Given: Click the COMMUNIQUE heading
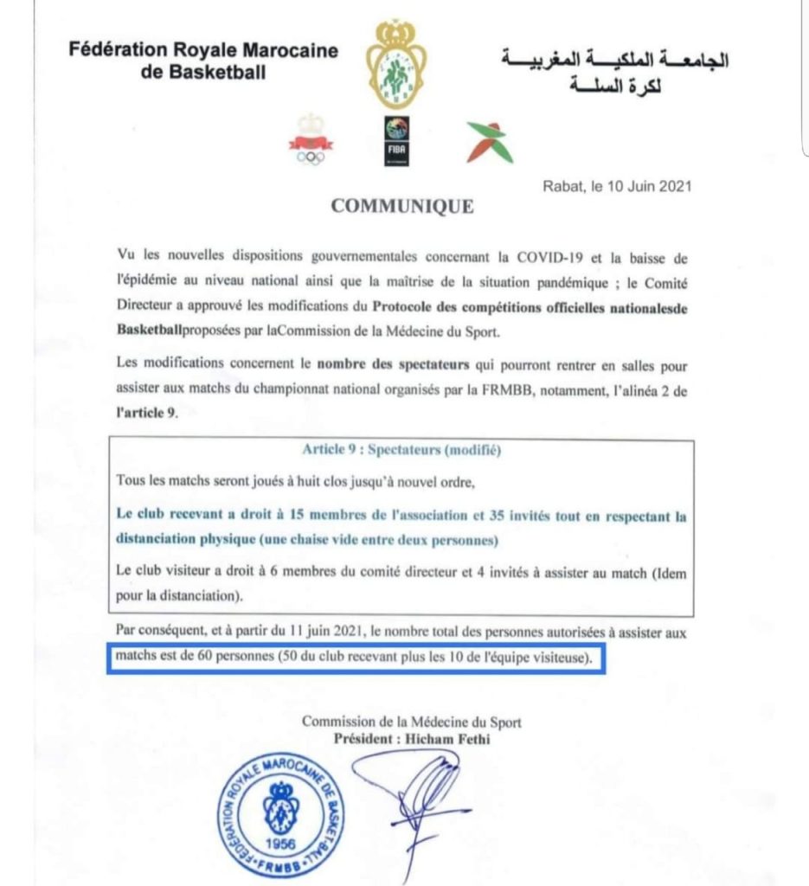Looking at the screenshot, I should (403, 207).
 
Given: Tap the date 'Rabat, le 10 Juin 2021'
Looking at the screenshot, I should (617, 185).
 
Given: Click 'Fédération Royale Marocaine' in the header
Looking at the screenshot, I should (204, 50).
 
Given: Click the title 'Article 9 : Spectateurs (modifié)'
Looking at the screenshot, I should (402, 451).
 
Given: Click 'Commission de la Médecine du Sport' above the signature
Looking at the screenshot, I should (411, 722).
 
